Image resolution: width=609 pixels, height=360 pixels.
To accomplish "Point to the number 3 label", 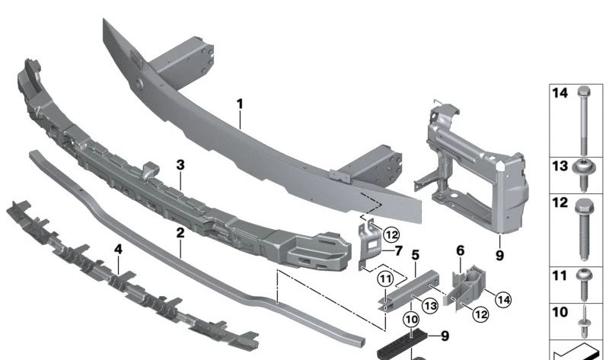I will (180, 164).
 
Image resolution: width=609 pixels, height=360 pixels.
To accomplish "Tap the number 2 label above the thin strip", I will (180, 233).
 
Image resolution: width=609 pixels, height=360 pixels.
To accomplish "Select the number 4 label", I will (118, 249).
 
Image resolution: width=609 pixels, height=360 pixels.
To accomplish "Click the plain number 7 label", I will (400, 249).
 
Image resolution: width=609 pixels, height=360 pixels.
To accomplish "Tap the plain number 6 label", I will (461, 250).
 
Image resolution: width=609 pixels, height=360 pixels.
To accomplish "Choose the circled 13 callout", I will (431, 305).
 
